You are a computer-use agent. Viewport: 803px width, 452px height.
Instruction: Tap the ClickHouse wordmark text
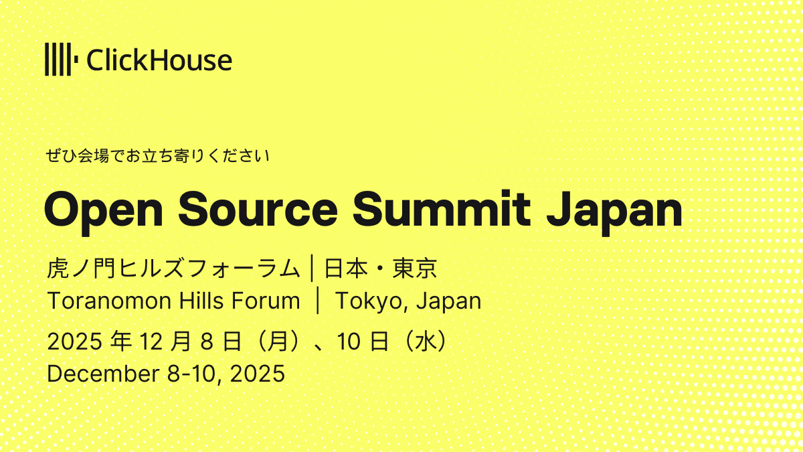coord(159,61)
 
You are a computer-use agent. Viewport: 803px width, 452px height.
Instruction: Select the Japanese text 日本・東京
coord(380,269)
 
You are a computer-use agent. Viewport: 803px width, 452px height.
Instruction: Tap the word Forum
coord(267,301)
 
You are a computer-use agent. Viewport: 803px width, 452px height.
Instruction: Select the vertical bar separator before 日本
coord(312,269)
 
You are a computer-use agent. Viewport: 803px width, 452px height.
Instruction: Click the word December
coord(99,373)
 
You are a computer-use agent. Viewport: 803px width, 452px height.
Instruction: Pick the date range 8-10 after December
coord(191,373)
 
